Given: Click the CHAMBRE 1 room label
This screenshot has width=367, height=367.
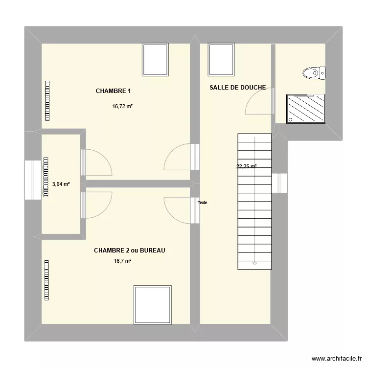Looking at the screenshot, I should [x=114, y=91].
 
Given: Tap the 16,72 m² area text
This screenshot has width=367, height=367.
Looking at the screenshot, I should [x=123, y=106].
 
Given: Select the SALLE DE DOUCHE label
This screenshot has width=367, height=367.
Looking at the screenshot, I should [x=237, y=88].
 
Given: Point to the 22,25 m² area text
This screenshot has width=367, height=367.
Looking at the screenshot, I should [x=247, y=166].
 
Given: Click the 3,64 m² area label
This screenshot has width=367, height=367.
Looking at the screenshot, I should [x=61, y=184].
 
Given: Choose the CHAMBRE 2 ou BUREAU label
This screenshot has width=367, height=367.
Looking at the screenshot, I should [x=129, y=251].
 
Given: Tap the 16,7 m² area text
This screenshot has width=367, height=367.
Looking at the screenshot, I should [x=122, y=261].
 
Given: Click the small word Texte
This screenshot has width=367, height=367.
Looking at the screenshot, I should [x=203, y=203].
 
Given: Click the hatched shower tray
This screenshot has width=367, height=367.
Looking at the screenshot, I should [x=305, y=109].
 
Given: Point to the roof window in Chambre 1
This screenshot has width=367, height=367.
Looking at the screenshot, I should [x=156, y=60].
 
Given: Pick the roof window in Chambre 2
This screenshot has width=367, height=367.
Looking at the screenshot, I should [x=152, y=304].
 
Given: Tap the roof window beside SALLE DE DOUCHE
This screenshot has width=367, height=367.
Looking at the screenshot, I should [x=221, y=60].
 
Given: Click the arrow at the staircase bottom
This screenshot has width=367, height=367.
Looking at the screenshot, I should [x=254, y=263].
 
